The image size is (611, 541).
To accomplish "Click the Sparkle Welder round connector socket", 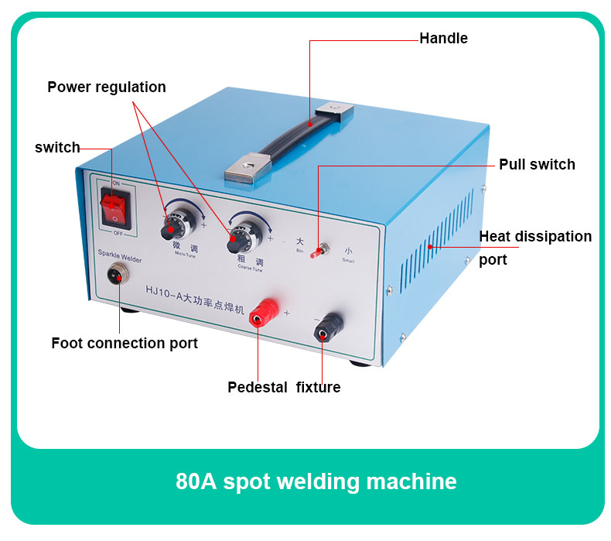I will pyautogui.click(x=118, y=276).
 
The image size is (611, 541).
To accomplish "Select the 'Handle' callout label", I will pyautogui.click(x=443, y=38).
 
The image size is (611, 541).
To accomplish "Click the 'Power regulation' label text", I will pyautogui.click(x=107, y=87).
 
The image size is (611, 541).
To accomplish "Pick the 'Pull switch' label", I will pyautogui.click(x=537, y=164).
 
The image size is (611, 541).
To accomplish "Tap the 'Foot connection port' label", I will pyautogui.click(x=125, y=343).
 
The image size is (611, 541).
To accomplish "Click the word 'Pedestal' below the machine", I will pyautogui.click(x=258, y=387).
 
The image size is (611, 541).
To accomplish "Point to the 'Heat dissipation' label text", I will pyautogui.click(x=535, y=236).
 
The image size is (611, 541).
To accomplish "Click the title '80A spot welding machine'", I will pyautogui.click(x=316, y=481).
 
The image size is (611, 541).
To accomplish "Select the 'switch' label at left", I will pyautogui.click(x=57, y=147).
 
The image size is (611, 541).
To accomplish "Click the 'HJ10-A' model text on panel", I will pyautogui.click(x=164, y=290).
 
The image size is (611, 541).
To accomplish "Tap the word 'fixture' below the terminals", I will pyautogui.click(x=318, y=387).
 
